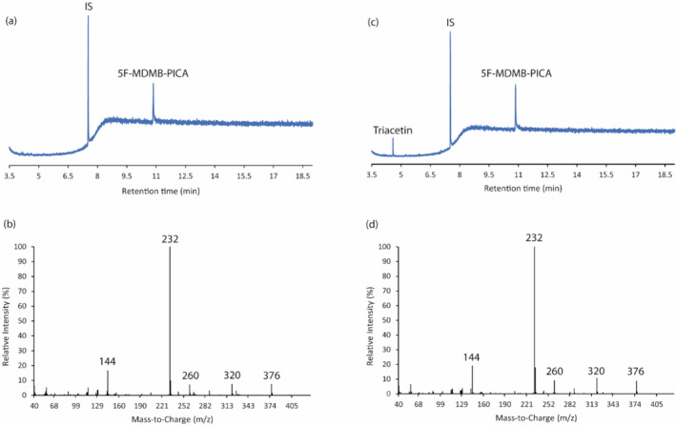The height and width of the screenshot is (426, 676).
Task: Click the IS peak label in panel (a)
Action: (x=89, y=8)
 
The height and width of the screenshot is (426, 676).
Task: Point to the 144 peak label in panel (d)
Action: (x=471, y=357)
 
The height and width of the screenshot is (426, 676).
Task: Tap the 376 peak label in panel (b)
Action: (x=272, y=375)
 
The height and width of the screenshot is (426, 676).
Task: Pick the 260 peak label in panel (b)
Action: (x=190, y=375)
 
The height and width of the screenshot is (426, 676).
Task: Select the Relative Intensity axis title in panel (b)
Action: (x=8, y=321)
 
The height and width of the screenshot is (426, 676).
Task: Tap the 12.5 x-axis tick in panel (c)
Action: (x=546, y=176)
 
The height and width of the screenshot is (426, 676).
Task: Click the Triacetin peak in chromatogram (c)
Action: (x=393, y=146)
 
